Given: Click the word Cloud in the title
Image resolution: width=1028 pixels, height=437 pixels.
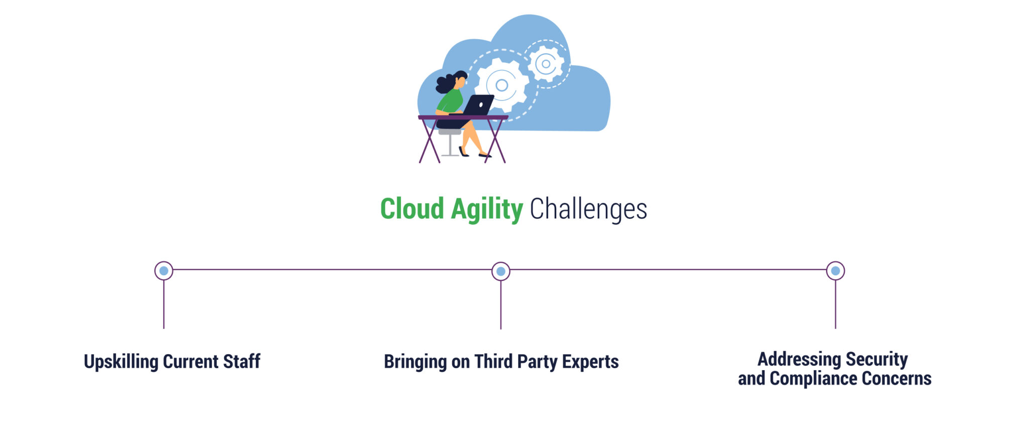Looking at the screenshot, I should [412, 209].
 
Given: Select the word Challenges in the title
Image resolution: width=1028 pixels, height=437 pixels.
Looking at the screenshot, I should [588, 209].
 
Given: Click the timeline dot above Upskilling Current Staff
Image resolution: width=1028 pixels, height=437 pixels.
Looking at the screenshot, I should [164, 271].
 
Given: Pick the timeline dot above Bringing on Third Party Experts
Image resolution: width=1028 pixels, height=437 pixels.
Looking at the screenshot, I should [500, 271].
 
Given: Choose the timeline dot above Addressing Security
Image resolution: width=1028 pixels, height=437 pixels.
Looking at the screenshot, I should [835, 271].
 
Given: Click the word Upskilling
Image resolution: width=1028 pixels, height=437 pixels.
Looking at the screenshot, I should [121, 362].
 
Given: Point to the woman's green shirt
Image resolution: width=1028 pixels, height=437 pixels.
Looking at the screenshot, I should [451, 100].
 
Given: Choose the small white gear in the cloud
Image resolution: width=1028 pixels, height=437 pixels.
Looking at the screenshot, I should [546, 64].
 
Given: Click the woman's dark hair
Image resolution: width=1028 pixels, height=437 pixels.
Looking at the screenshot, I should [447, 82].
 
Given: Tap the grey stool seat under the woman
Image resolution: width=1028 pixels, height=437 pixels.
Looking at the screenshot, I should [449, 132].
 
